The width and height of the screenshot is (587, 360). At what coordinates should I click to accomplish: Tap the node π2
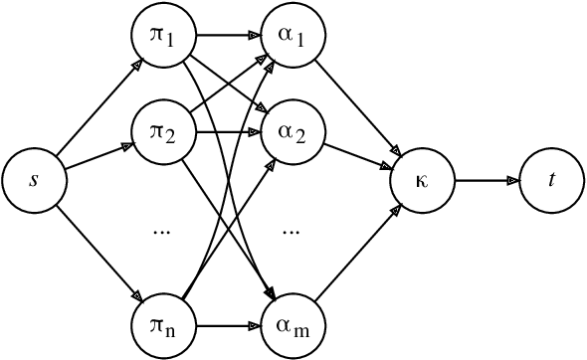163,132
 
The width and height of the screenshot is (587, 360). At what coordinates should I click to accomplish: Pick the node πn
163,323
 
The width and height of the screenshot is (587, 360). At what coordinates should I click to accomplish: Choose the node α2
291,132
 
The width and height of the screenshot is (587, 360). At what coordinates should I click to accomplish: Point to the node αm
291,323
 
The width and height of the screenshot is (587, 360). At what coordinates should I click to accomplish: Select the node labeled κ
422,180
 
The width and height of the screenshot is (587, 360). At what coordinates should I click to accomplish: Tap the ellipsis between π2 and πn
163,231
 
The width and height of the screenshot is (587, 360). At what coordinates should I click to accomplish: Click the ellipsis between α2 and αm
291,231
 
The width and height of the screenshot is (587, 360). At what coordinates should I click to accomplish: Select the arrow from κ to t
487,180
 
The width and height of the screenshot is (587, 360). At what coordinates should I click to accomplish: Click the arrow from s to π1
98,109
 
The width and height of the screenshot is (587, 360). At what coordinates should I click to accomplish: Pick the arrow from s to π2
98,156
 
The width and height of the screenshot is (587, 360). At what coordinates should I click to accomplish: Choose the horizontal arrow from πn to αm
227,323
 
